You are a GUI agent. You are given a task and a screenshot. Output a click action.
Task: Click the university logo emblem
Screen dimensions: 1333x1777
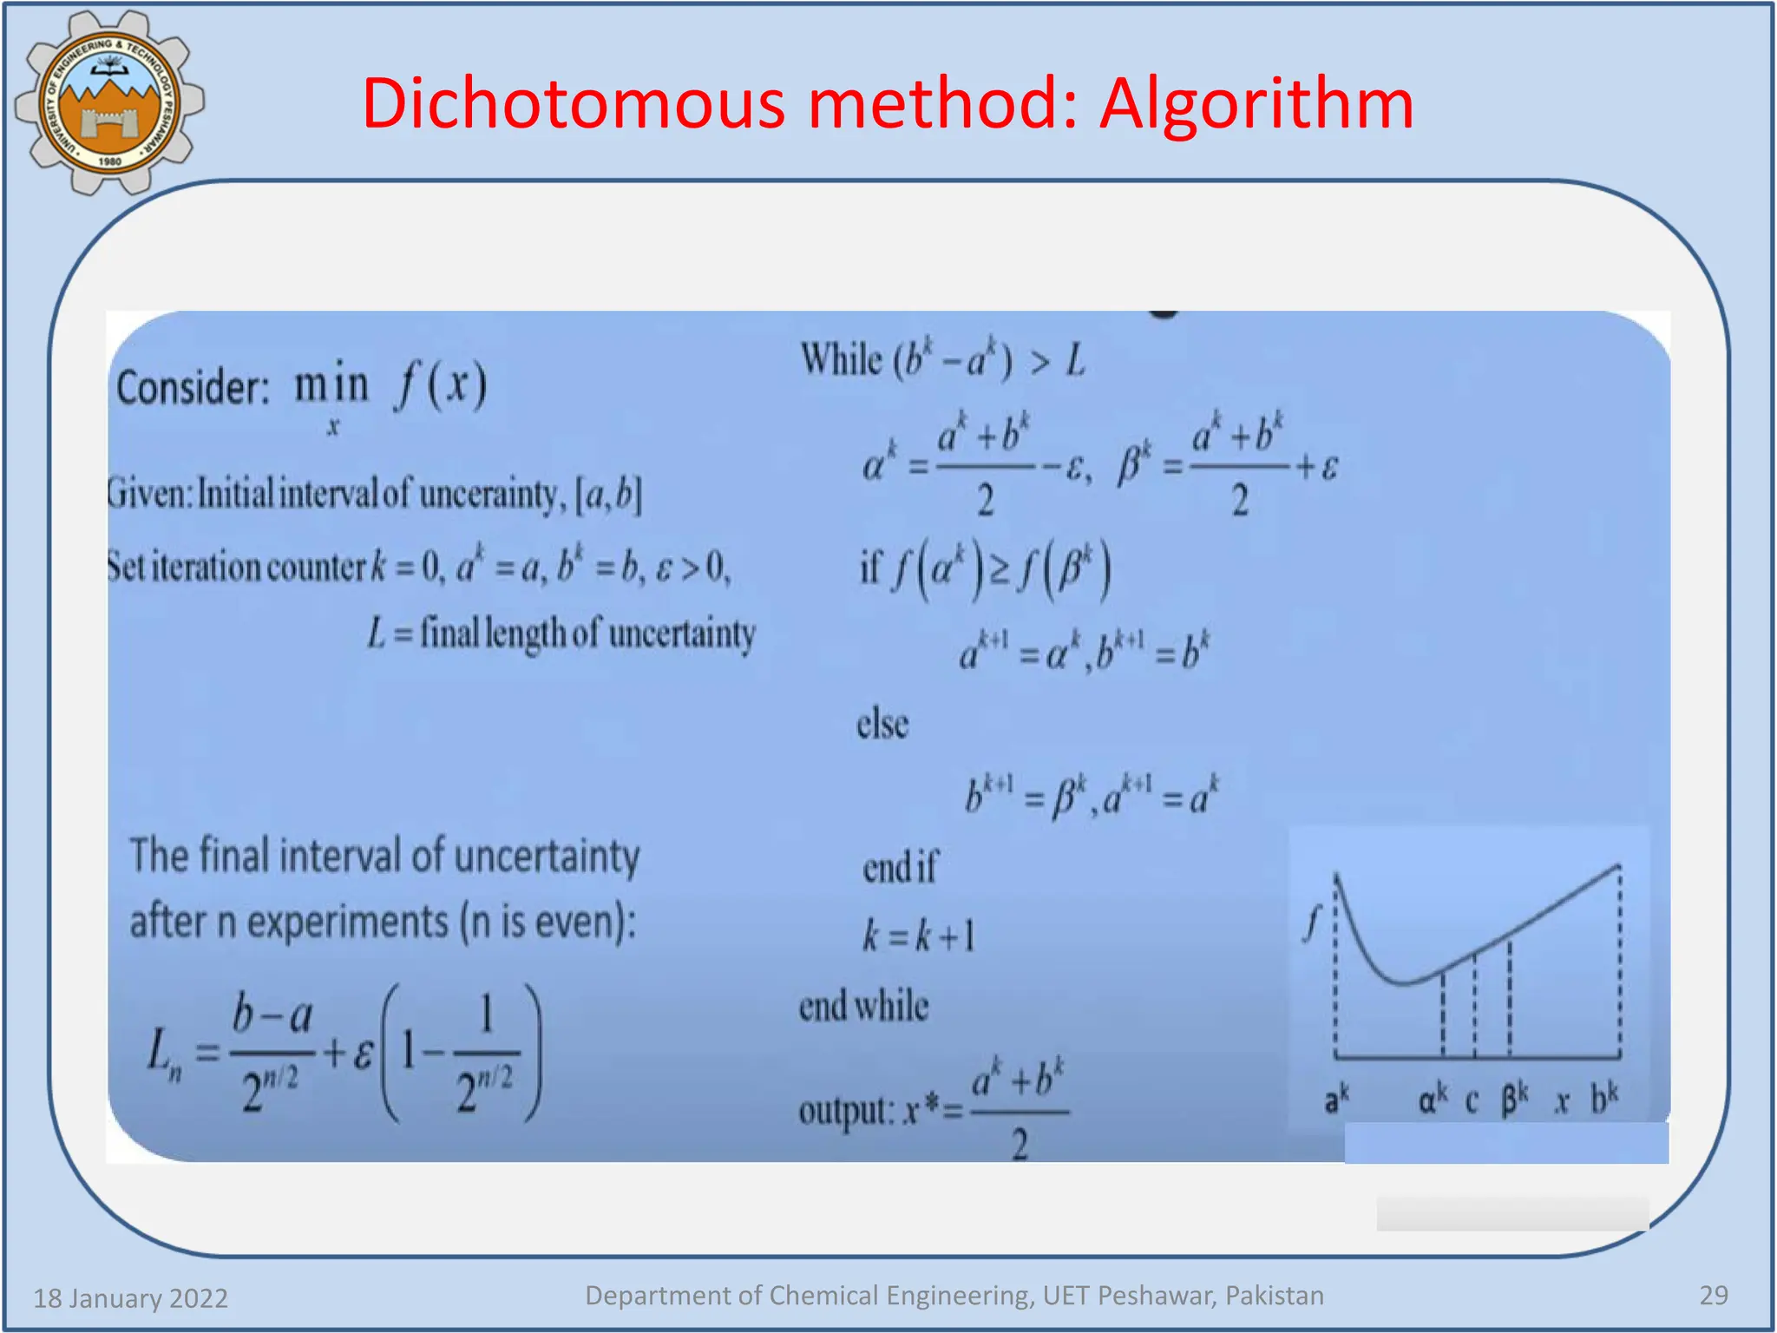click(109, 102)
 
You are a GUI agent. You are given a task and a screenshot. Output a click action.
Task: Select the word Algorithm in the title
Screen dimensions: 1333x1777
click(1256, 104)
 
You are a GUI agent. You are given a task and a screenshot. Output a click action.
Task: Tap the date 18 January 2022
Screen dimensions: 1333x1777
click(130, 1298)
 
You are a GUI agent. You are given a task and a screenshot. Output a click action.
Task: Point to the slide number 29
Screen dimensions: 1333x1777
click(1713, 1295)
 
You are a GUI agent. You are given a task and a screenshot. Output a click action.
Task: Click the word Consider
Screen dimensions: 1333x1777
click(193, 387)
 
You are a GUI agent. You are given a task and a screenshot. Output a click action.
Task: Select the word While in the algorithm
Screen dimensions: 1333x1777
click(840, 359)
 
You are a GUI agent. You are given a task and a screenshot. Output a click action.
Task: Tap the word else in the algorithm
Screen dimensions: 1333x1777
click(882, 724)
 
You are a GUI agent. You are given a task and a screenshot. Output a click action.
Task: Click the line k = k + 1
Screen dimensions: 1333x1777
click(919, 936)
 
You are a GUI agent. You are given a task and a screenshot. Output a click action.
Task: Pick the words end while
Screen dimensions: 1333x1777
click(863, 1007)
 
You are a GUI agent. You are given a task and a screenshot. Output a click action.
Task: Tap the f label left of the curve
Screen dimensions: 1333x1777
click(1311, 923)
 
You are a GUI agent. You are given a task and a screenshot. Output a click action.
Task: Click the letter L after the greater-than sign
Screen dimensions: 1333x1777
click(1076, 359)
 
